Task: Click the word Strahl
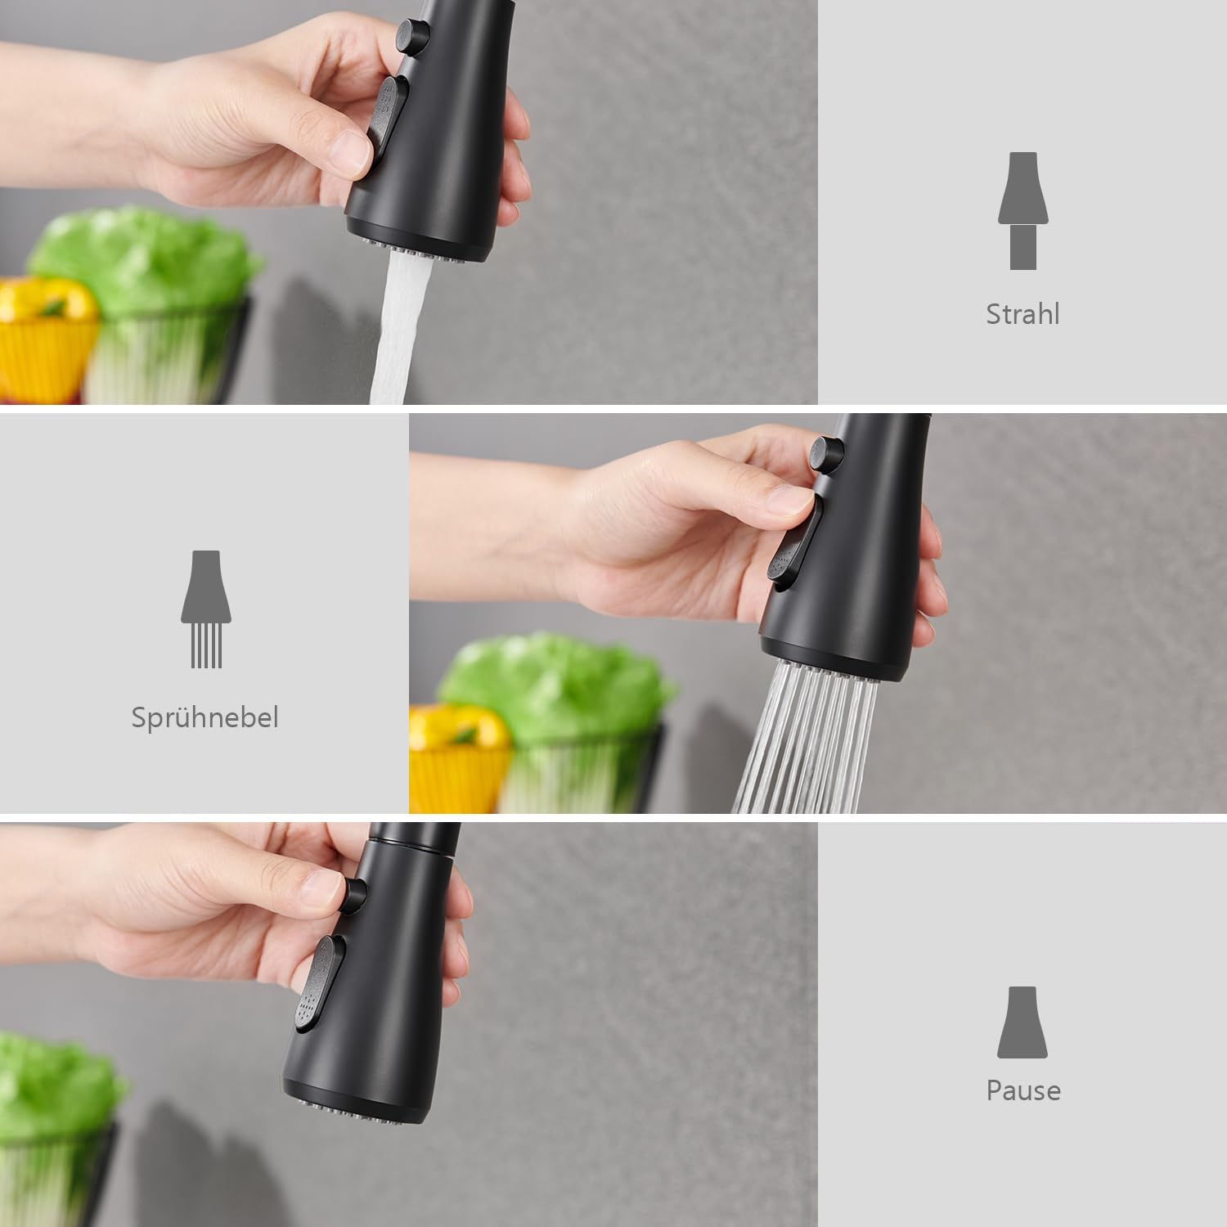pos(1022,314)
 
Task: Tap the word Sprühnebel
pos(204,717)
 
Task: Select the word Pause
pos(1023,1090)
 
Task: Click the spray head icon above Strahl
pos(1023,211)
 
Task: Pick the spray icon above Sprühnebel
pos(205,609)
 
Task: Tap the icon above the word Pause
pos(1022,1022)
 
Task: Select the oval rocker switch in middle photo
pos(794,543)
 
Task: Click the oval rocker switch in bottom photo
pos(320,982)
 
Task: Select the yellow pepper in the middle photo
pos(456,757)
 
